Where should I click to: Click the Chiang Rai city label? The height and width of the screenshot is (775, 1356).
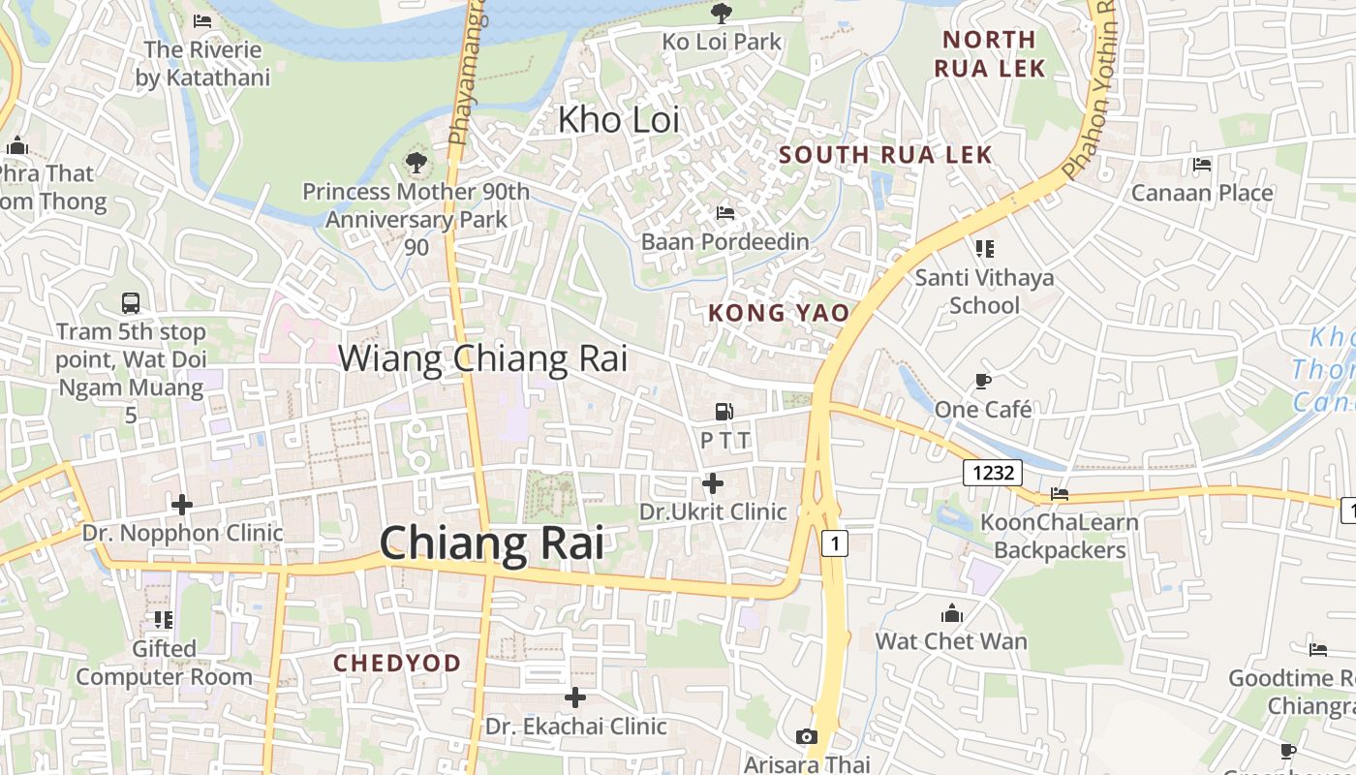pos(492,543)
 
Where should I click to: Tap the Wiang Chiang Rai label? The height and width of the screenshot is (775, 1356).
pos(482,358)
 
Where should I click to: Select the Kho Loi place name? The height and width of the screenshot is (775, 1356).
pos(619,120)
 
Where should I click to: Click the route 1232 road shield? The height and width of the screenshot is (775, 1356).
pos(994,473)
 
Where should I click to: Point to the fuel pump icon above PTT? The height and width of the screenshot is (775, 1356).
pos(724,412)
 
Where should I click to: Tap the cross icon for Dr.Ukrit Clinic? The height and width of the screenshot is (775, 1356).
pos(713,482)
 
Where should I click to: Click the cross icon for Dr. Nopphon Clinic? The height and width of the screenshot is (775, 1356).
pos(181,505)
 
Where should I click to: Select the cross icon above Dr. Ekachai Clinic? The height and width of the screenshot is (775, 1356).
pos(575,697)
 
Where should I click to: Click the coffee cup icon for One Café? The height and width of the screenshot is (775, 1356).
pos(983,382)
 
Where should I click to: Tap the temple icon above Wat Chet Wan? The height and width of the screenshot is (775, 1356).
pos(952,613)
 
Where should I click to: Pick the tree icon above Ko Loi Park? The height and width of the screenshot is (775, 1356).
pos(722,14)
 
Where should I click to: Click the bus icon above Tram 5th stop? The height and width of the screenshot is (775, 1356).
pos(131,303)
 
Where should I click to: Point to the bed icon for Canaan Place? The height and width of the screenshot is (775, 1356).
pos(1202,165)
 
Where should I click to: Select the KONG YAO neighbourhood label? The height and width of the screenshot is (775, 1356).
pos(779,313)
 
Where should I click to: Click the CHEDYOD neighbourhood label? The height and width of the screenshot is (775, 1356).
pos(397,664)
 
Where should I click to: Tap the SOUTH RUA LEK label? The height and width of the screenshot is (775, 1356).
pos(885,155)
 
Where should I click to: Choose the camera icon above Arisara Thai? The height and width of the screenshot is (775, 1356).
pos(806,737)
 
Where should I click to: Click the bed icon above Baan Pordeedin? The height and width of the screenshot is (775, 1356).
pos(724,213)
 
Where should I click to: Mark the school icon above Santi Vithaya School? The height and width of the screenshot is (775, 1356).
pos(985,249)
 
